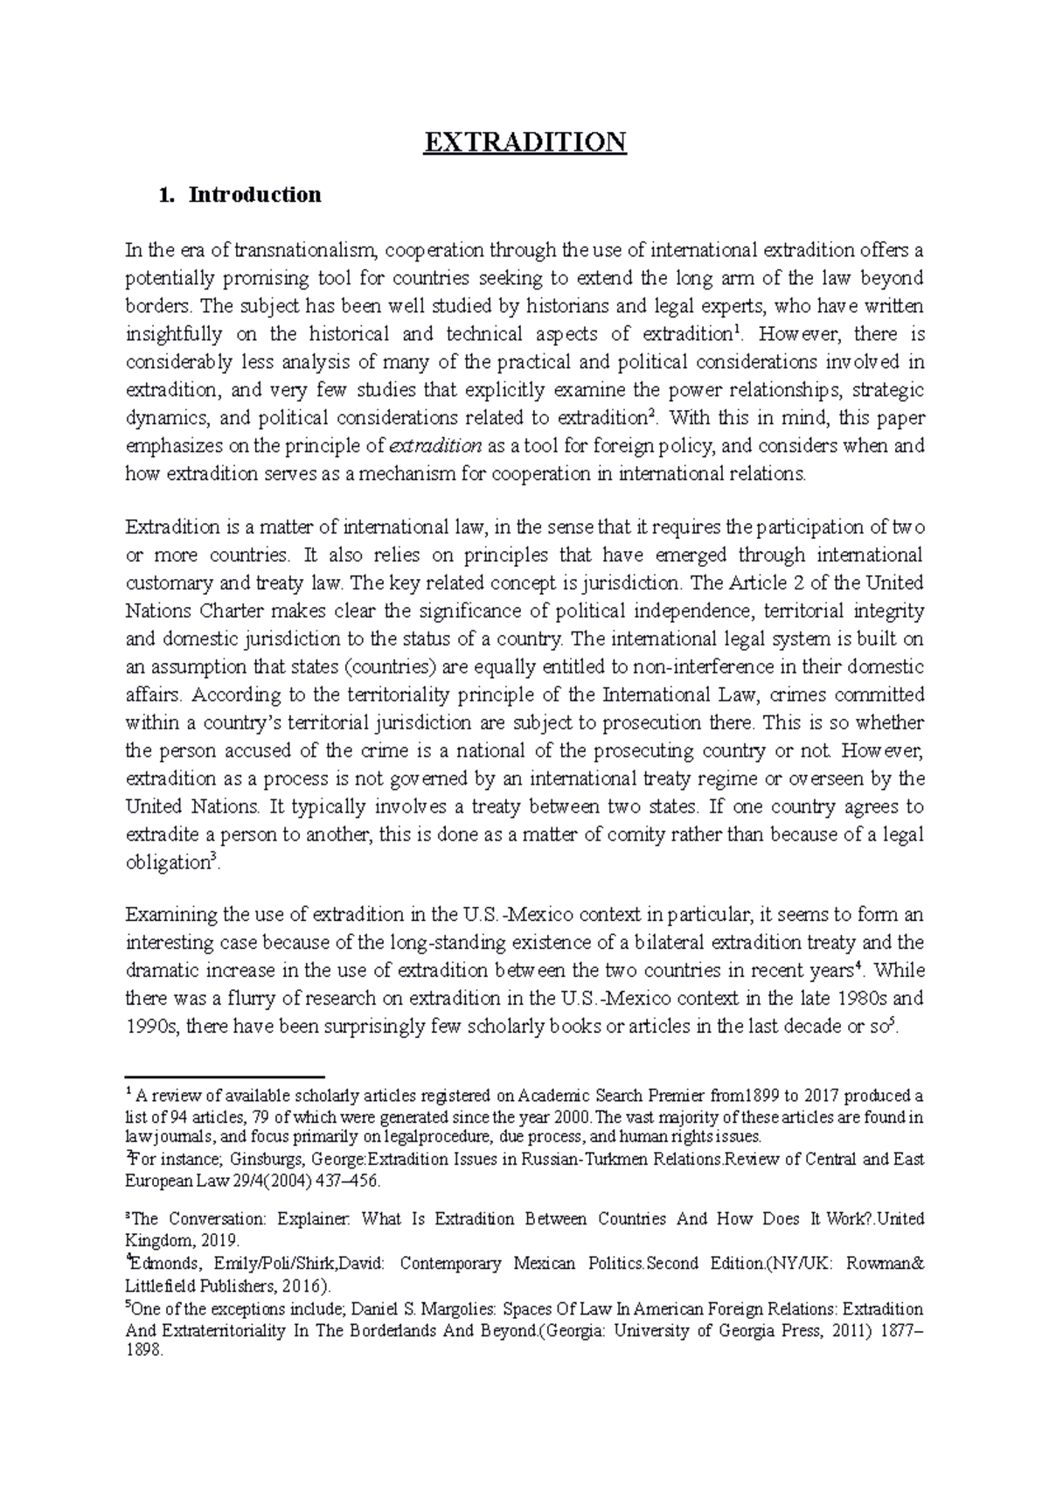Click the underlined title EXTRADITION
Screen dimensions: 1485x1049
pos(524,142)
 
